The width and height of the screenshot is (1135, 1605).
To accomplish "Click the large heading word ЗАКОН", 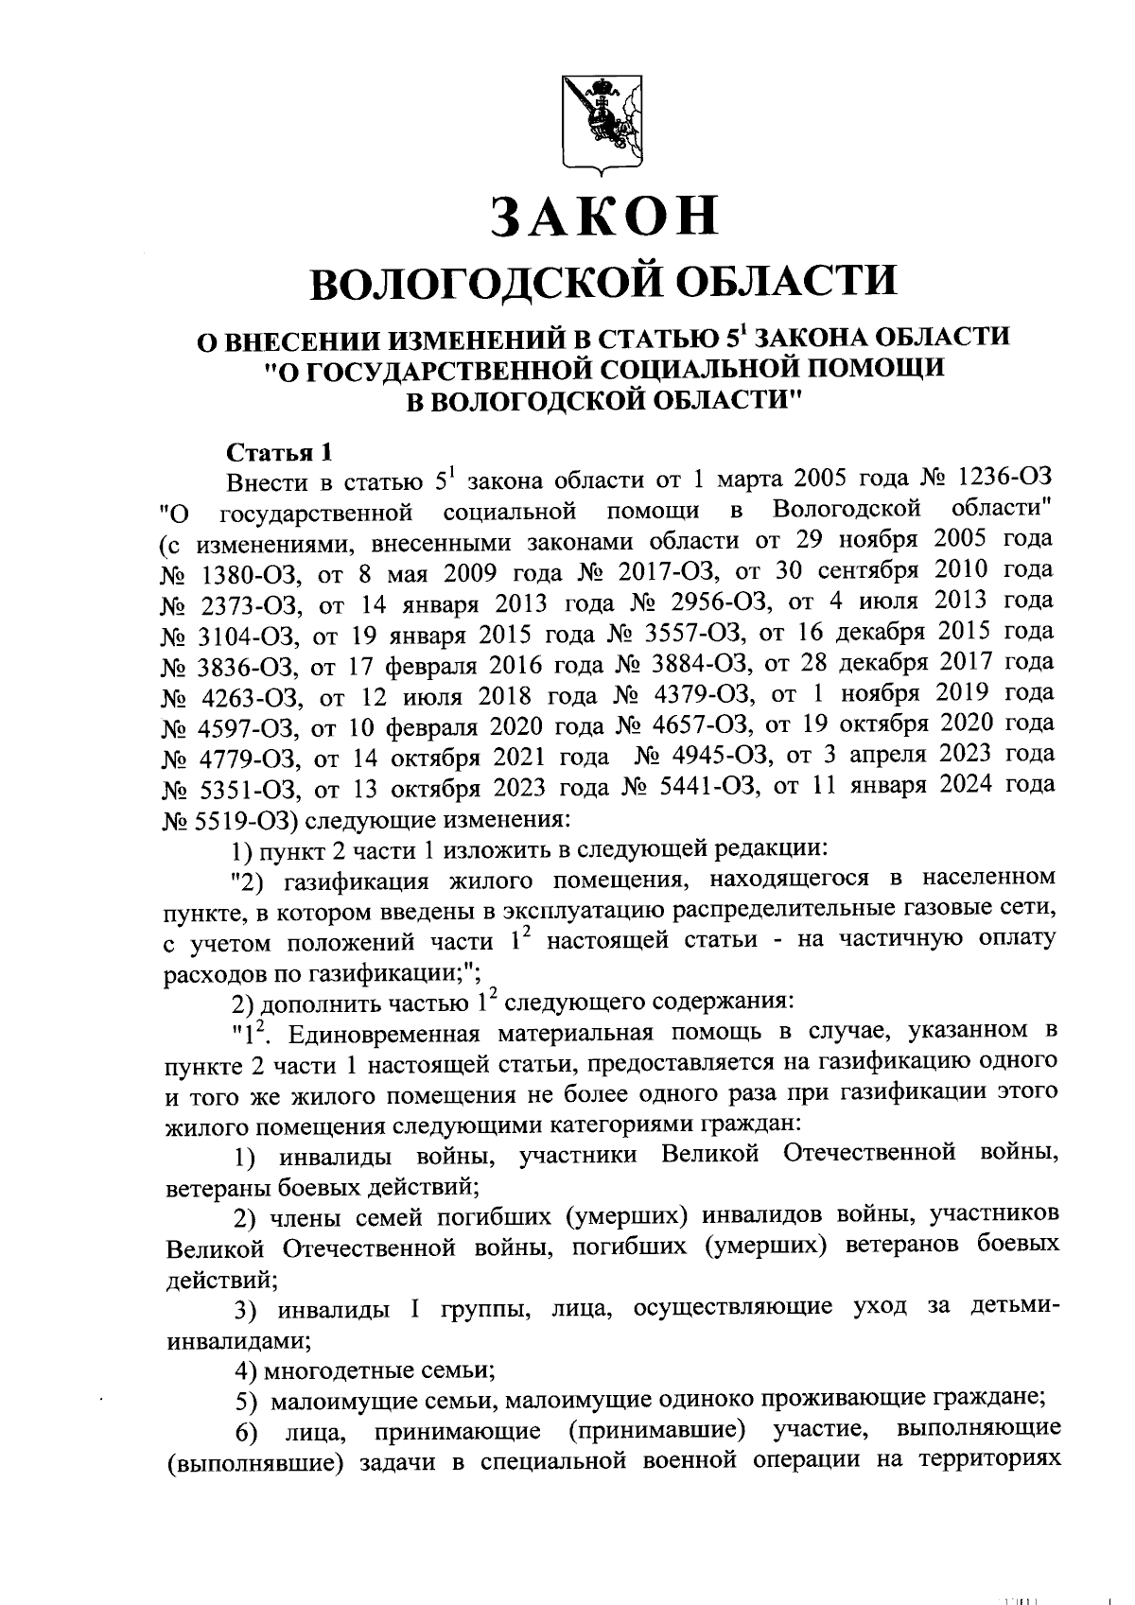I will (x=605, y=216).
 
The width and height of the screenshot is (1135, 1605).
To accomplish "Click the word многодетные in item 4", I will (x=335, y=1369).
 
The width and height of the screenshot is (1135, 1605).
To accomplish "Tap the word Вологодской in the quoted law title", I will (x=846, y=511).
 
